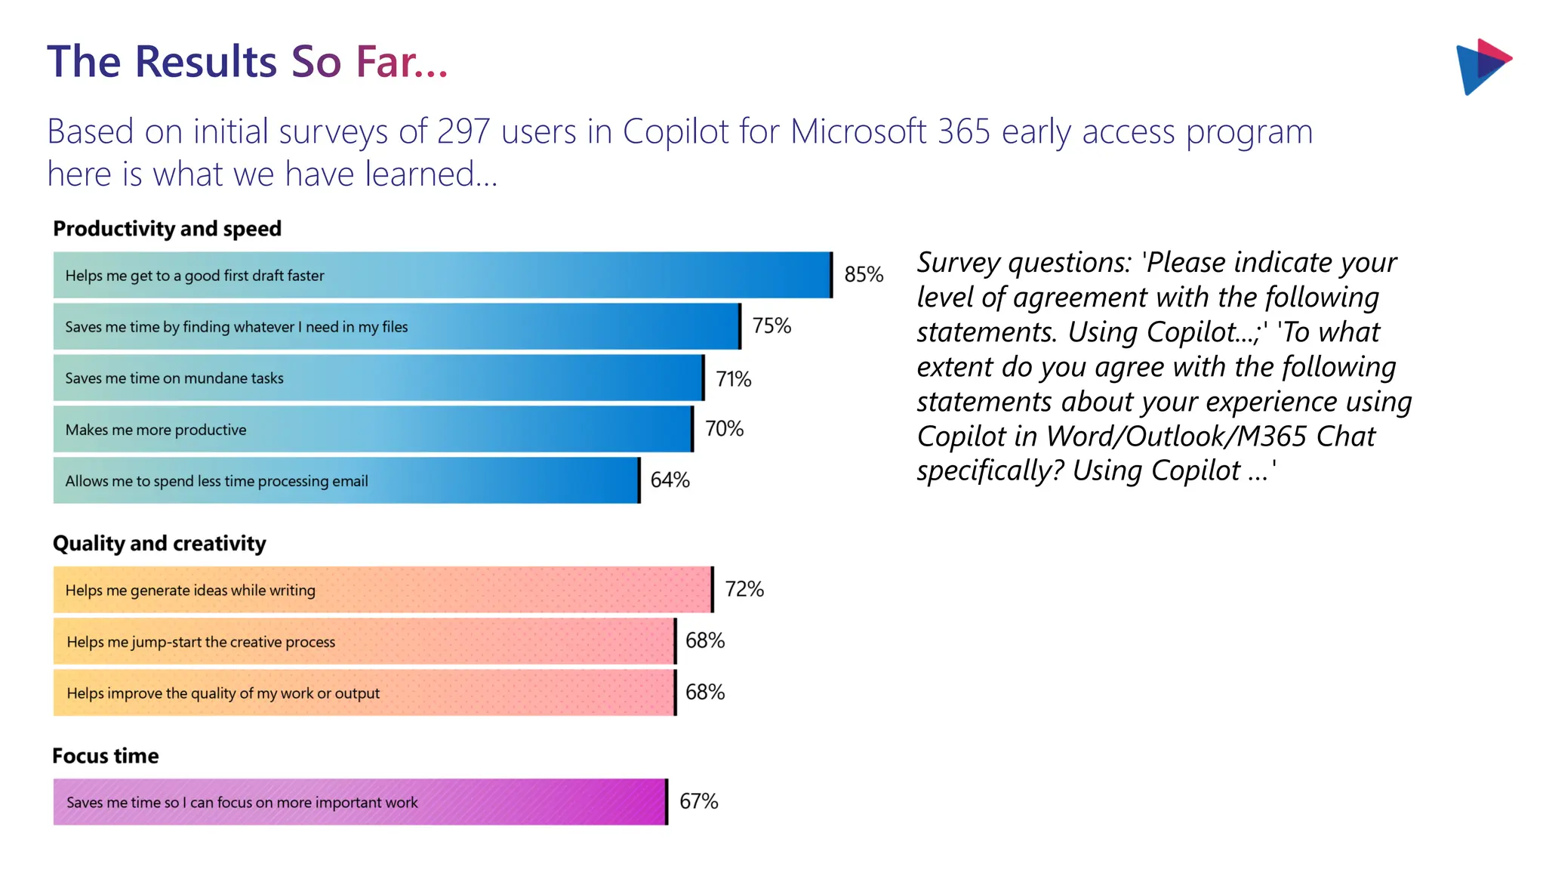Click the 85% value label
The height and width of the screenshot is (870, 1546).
(x=864, y=274)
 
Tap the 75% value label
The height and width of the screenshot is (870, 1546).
(x=771, y=325)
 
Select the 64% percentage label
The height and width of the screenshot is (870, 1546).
(x=670, y=480)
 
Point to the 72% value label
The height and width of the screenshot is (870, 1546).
(x=744, y=589)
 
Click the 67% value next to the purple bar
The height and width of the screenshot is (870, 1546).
(x=698, y=801)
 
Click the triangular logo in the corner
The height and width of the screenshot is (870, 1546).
(x=1483, y=66)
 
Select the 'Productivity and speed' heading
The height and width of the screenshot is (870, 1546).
(x=167, y=229)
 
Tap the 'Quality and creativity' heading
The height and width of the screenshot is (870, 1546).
(x=159, y=544)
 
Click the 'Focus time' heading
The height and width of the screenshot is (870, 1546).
(x=105, y=756)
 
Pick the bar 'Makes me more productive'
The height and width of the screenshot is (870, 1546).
(x=373, y=429)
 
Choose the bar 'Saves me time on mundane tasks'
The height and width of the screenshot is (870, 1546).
(x=378, y=378)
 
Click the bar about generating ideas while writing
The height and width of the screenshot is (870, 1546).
(x=383, y=590)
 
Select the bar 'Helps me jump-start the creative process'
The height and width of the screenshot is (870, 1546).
(x=364, y=641)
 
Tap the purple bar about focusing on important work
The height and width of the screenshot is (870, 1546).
(x=360, y=802)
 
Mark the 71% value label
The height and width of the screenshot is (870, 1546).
(x=733, y=378)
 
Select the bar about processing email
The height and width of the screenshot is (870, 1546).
(x=346, y=480)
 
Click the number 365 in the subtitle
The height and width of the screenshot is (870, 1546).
(x=964, y=132)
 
